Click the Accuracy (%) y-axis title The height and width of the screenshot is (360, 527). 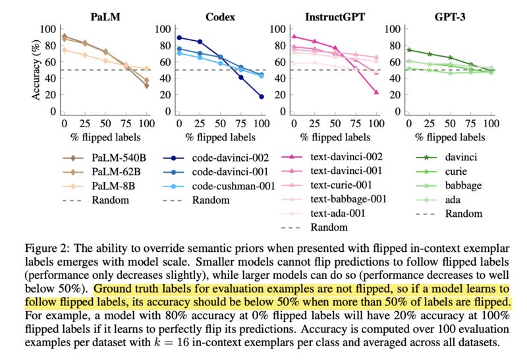37,70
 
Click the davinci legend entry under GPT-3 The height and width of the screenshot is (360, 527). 460,158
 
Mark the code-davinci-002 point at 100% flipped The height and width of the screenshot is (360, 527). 261,97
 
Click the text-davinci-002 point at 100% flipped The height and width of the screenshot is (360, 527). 376,92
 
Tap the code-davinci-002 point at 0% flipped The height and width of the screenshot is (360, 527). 179,38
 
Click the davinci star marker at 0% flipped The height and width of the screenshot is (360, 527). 409,50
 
